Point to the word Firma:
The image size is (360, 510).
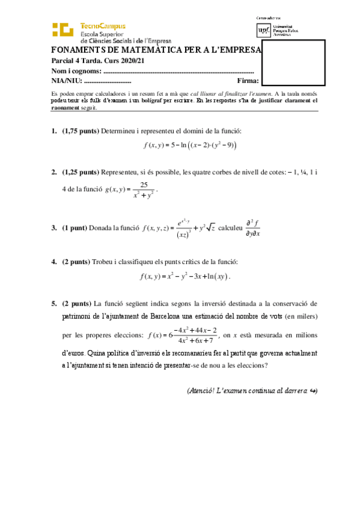click(x=248, y=81)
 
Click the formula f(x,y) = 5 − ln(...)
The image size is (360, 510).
click(x=190, y=146)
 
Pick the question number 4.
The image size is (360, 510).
click(x=53, y=262)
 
